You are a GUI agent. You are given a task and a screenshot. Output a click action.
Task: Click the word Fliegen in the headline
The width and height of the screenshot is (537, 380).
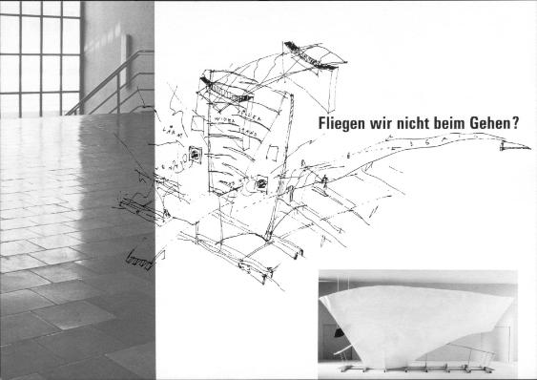click(x=339, y=123)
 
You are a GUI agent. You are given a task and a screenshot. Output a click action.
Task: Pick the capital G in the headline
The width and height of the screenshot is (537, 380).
click(x=493, y=123)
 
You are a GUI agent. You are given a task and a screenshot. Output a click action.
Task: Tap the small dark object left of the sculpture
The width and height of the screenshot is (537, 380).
click(x=338, y=331)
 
